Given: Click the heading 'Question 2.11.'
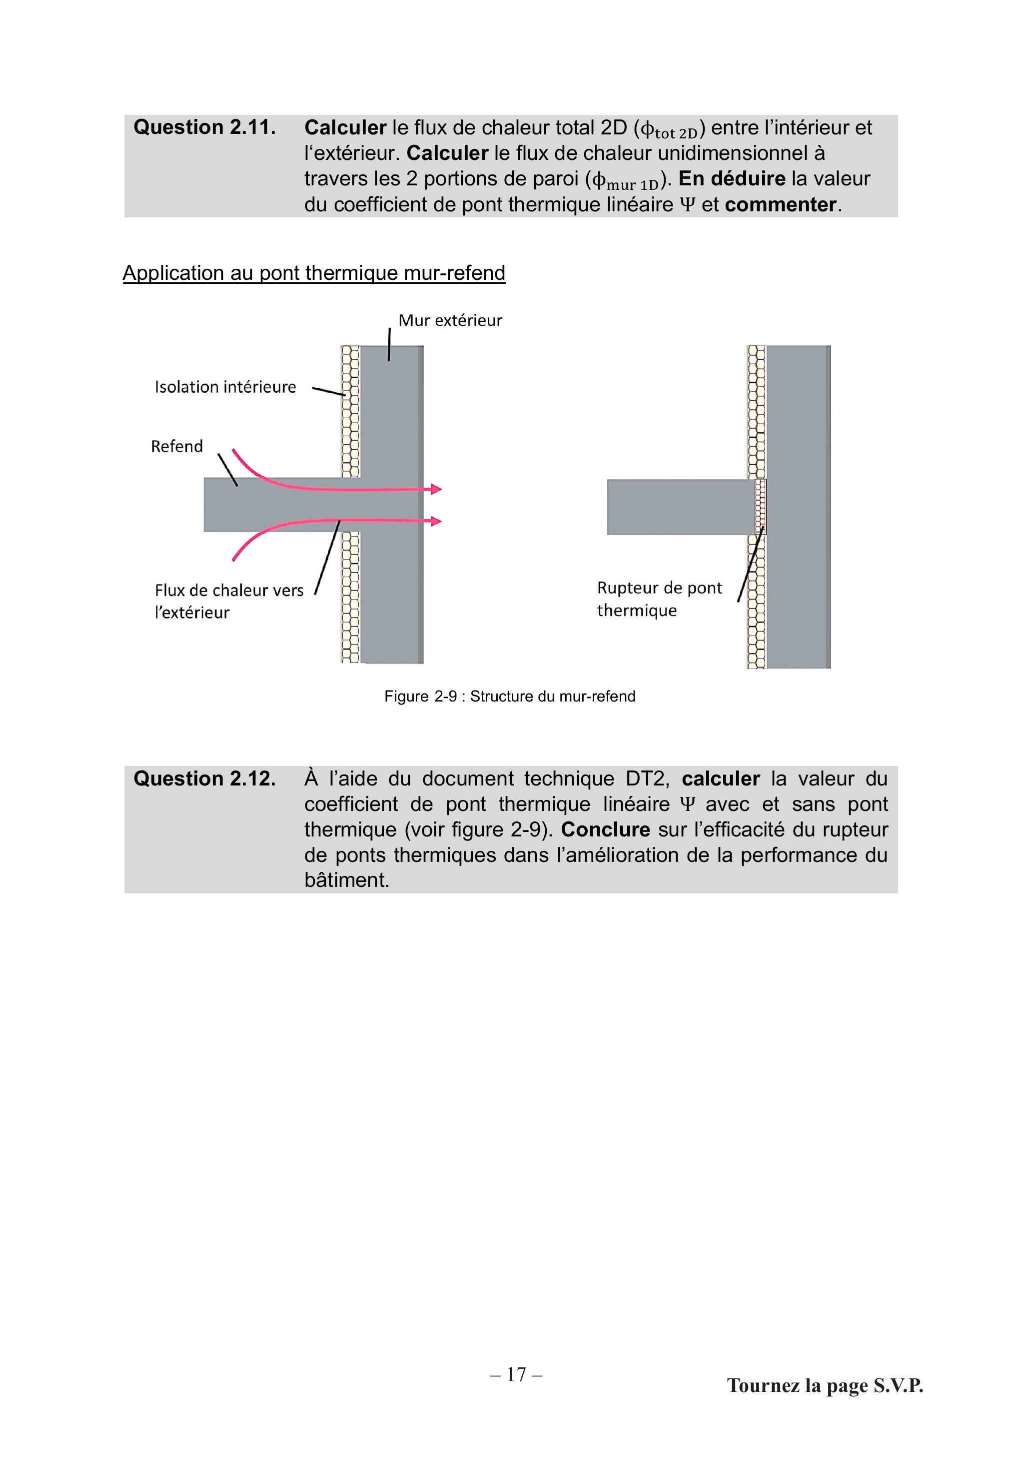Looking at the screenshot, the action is click(204, 127).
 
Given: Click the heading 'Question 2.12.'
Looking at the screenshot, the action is click(204, 778).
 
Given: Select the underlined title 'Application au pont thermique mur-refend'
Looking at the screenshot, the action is click(314, 273).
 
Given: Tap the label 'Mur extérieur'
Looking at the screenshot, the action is click(450, 320).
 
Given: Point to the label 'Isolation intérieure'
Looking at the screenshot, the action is click(225, 387).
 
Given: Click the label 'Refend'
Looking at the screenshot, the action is click(177, 446).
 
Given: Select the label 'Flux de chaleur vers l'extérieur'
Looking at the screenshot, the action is click(229, 601).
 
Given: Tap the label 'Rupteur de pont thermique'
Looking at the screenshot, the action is click(659, 599).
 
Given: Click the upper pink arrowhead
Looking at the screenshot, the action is click(436, 489).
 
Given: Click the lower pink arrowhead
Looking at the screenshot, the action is click(436, 521).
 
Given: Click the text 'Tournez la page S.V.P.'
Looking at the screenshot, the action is click(825, 1385).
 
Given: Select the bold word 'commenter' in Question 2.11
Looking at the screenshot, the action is click(780, 205).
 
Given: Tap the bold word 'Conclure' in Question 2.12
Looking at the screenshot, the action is click(605, 830).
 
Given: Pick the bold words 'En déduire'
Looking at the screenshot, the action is click(732, 179).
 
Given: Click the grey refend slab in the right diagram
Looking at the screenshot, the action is click(680, 507).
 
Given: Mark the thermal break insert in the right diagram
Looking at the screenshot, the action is click(760, 507).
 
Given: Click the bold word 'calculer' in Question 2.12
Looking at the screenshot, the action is click(721, 779).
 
